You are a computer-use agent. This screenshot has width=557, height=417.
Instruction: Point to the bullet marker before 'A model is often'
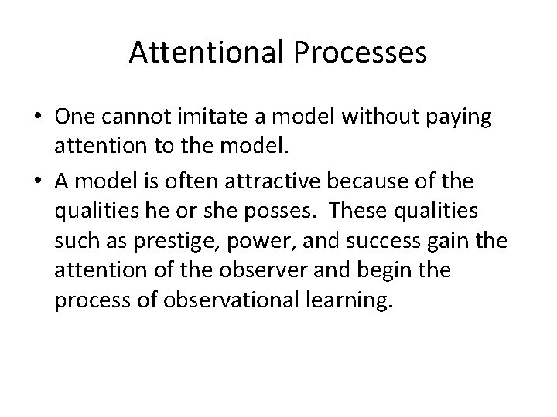pos(37,183)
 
